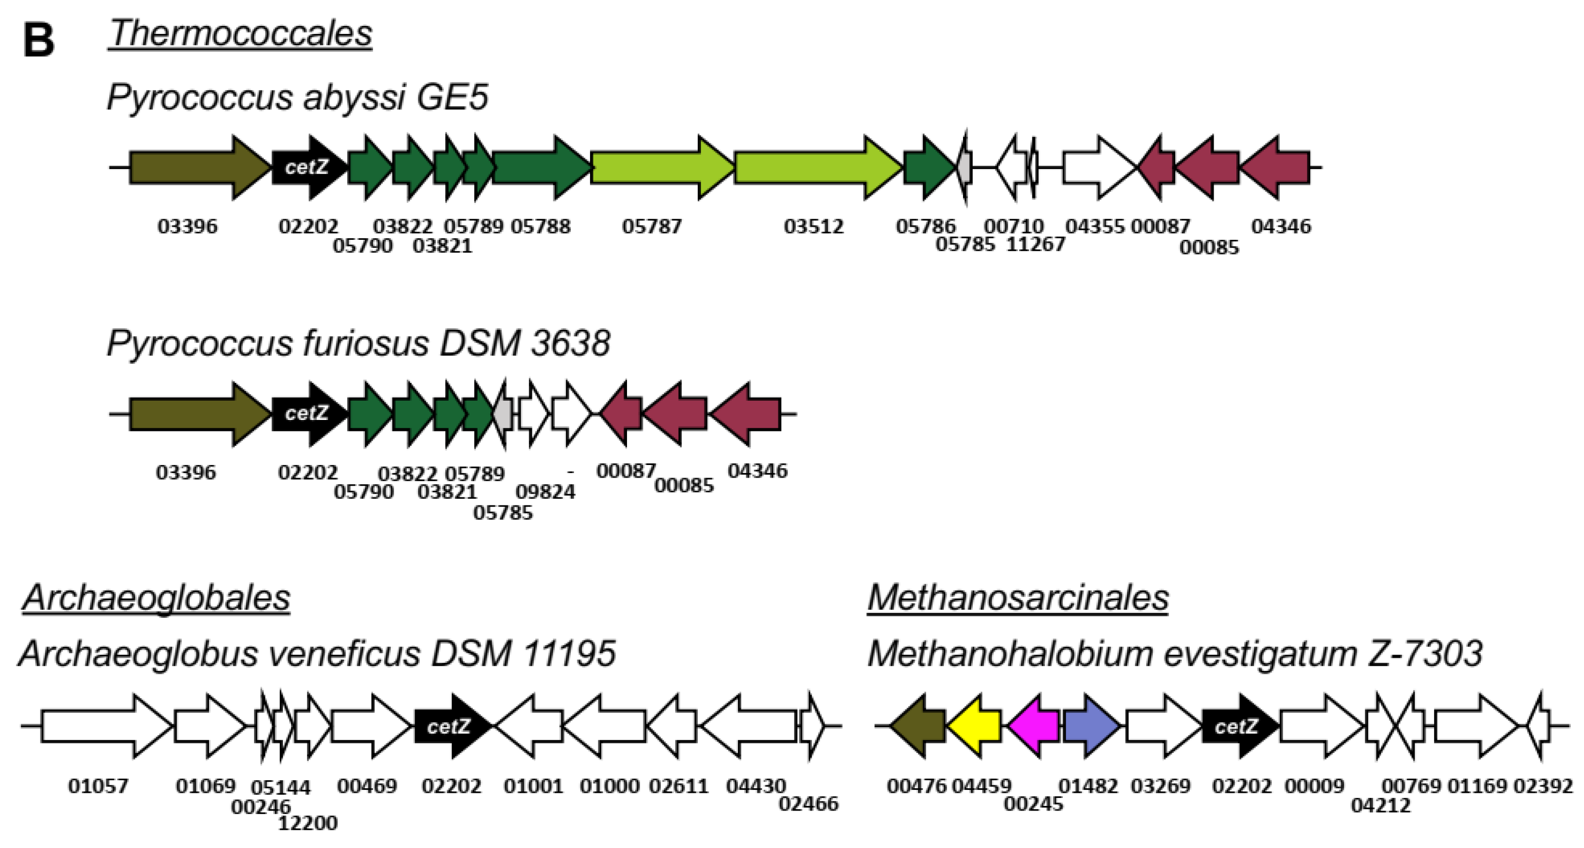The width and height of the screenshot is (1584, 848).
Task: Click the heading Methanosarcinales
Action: click(1018, 597)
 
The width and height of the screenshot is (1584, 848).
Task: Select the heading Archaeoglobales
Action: click(156, 597)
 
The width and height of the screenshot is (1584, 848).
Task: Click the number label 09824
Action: click(546, 492)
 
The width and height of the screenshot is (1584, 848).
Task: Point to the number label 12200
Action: click(308, 823)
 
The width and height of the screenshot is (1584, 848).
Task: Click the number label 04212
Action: click(1381, 805)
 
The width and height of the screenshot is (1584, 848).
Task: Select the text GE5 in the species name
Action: click(452, 97)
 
